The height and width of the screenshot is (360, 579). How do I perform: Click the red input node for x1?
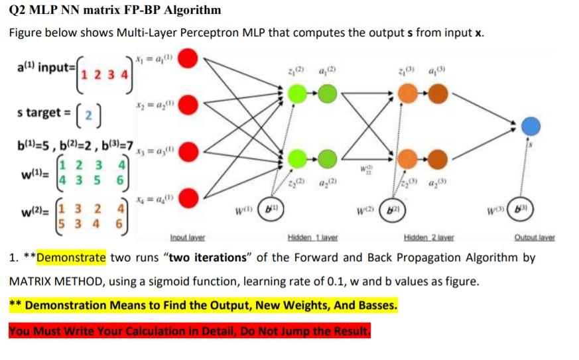coord(188,60)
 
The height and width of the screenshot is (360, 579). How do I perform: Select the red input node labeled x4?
coord(188,196)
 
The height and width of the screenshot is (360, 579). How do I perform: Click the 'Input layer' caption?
coord(188,237)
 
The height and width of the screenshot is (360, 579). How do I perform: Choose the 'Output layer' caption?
coord(537,237)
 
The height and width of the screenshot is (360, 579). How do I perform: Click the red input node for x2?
coord(188,104)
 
